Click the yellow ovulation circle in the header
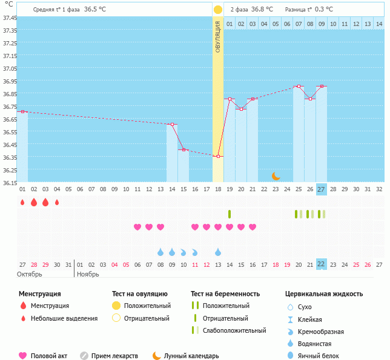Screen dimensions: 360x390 pos(218,10)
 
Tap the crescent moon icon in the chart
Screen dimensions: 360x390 pos(276,176)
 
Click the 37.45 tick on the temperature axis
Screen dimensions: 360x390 pos(9,18)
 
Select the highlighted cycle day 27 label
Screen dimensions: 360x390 pos(322,189)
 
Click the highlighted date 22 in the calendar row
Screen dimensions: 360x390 pos(322,264)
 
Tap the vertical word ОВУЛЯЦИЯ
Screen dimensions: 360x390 pos(218,37)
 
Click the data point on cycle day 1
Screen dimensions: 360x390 pos(22,111)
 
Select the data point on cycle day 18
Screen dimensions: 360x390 pos(218,156)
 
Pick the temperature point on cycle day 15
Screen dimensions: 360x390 pos(183,149)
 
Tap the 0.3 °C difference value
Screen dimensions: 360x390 pos(324,10)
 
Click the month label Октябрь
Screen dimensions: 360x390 pos(29,274)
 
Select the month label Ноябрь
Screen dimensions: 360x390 pos(89,274)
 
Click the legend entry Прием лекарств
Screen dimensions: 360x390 pos(114,356)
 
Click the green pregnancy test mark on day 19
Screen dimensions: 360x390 pos(230,214)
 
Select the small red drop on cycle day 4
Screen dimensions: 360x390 pos(57,202)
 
